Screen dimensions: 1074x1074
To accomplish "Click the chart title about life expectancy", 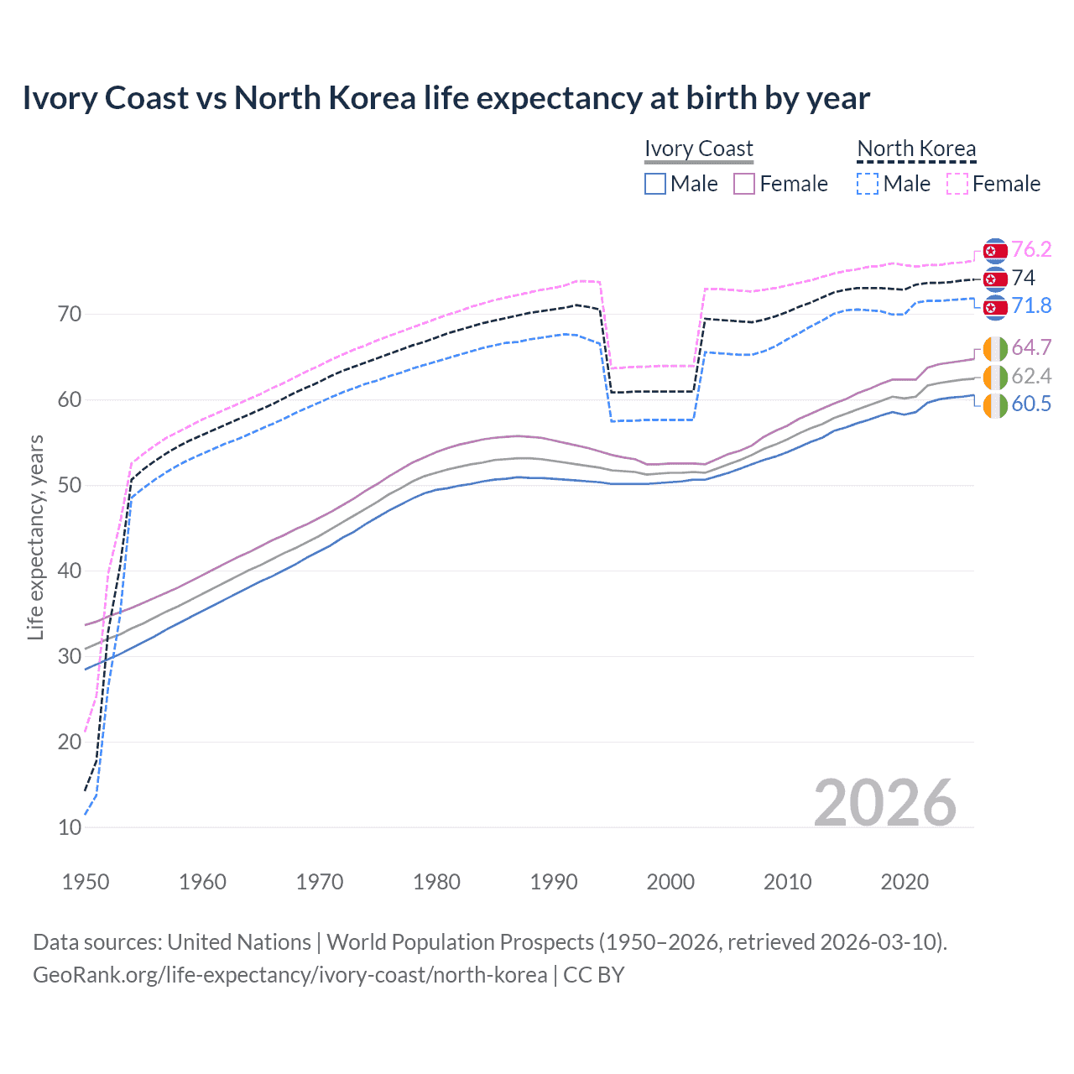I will click(446, 98).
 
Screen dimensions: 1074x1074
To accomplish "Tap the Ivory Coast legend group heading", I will click(698, 149).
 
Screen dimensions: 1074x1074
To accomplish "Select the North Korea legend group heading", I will click(916, 149).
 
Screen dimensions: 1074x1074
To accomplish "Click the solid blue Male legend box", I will click(655, 184).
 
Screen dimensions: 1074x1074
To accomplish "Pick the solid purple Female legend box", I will click(744, 184).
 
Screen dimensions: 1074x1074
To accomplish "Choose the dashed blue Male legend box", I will click(868, 184).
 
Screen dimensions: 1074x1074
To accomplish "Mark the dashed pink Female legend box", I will click(957, 184).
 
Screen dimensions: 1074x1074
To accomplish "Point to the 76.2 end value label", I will click(1031, 249).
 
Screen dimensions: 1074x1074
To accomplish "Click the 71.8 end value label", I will click(1031, 305).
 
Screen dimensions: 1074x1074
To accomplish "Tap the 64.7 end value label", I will click(1031, 347).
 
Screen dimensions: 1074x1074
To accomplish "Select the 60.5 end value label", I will click(1031, 404).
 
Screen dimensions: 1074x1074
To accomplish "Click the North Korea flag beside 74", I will click(995, 279).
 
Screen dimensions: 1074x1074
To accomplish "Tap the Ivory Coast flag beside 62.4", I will click(995, 377).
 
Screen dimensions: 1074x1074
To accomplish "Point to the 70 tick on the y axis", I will click(70, 315).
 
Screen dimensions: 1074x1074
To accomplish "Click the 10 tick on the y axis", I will click(70, 827).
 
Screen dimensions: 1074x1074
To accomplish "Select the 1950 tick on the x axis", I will click(86, 882).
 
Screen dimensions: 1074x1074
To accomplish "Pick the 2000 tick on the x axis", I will click(670, 882).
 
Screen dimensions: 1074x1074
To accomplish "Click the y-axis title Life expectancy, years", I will click(35, 537).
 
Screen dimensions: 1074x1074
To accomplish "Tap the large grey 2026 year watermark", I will click(884, 803).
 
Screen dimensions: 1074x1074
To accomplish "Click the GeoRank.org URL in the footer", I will click(289, 975).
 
